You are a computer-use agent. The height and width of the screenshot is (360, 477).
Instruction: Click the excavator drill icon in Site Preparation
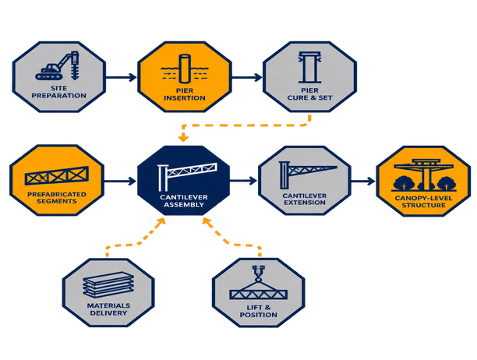[58, 65]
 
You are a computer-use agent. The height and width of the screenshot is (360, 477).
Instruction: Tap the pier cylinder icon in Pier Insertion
[185, 69]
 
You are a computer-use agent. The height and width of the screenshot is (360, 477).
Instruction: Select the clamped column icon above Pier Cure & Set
[309, 67]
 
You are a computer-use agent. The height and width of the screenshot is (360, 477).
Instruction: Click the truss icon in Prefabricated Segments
[57, 175]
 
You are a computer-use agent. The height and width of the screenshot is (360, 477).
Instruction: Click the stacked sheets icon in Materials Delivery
[108, 284]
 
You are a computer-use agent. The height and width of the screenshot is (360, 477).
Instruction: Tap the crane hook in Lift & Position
[258, 274]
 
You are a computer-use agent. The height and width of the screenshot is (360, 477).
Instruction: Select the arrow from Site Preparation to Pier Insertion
[121, 77]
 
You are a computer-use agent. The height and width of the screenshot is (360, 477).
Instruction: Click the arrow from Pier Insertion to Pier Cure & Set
[247, 77]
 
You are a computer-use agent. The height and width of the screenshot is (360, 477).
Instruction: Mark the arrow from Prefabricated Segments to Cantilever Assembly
[120, 182]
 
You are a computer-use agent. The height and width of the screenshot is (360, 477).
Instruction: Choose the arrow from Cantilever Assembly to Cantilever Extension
[243, 181]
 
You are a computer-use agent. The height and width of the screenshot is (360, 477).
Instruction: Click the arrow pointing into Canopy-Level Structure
[363, 182]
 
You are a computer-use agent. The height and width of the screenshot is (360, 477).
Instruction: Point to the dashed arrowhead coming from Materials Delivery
[160, 221]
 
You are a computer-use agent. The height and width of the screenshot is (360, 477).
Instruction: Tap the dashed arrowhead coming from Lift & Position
[207, 222]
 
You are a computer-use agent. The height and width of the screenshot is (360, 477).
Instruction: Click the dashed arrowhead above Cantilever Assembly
[183, 139]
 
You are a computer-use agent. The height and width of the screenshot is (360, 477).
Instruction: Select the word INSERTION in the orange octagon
[185, 98]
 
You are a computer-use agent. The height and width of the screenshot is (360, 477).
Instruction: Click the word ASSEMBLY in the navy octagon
[184, 205]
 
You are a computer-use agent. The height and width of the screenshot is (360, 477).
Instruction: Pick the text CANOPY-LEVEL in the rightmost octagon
[424, 198]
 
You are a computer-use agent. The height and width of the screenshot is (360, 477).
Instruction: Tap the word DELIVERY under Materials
[108, 313]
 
